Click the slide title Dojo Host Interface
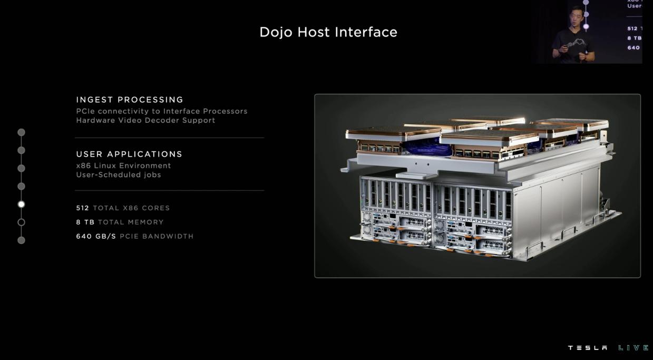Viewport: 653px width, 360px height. coord(328,32)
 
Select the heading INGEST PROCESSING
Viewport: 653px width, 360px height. coord(130,100)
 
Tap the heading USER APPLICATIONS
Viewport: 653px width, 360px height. coord(129,154)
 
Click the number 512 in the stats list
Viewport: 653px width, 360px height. coord(83,208)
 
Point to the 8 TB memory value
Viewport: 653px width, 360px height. coord(85,222)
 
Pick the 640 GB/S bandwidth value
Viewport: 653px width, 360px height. coord(96,236)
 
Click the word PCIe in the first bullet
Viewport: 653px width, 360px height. coord(85,111)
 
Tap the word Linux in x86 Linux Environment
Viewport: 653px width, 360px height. coord(105,166)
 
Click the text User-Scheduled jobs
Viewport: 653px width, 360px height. coord(119,174)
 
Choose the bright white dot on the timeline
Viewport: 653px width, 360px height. coord(21,205)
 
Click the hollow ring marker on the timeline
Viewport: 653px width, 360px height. coord(21,222)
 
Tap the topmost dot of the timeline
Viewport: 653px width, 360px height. coord(21,132)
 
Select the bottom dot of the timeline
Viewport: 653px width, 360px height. coord(21,240)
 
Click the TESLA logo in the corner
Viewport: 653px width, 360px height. coord(588,348)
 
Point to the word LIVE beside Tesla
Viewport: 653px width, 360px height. coord(633,348)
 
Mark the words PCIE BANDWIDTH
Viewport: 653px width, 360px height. coord(157,236)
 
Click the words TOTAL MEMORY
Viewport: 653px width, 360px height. coord(131,222)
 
